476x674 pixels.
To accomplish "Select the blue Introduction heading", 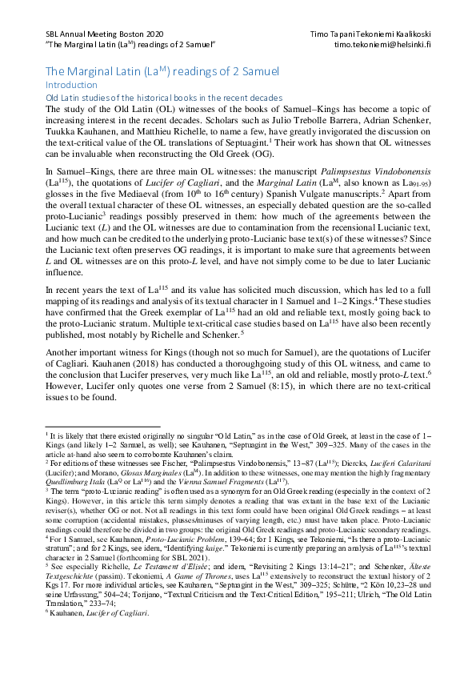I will [x=70, y=84].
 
